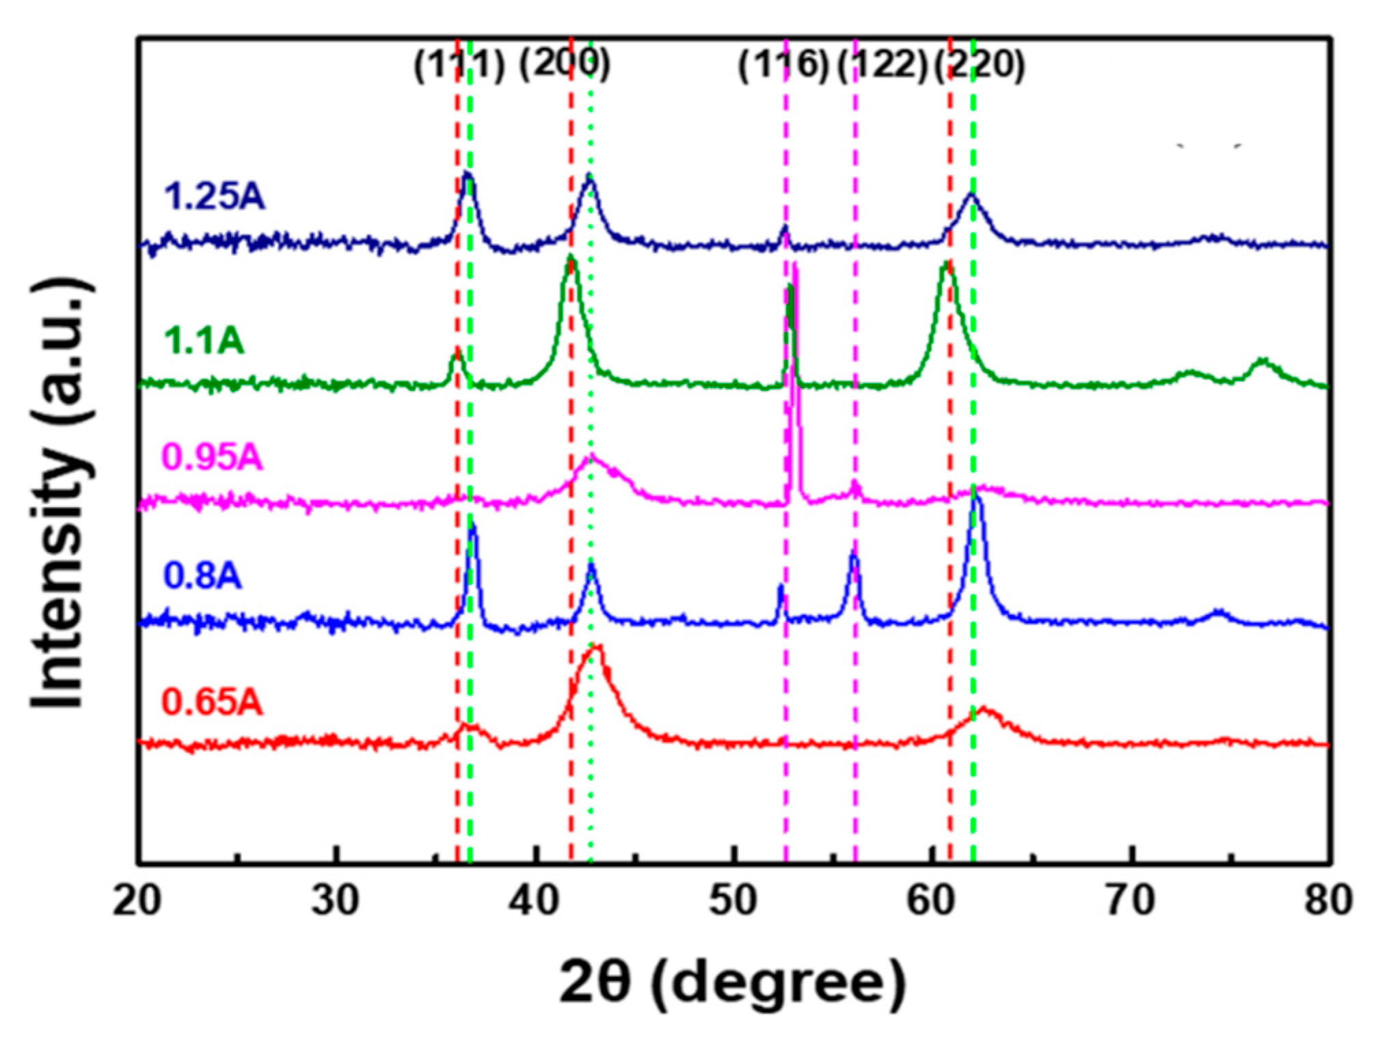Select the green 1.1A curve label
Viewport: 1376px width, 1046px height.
(204, 340)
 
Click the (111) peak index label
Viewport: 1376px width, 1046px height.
(459, 66)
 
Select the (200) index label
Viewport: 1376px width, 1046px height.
(564, 65)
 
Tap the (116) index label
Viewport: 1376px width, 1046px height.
(783, 66)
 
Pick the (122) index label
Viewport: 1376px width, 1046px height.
(882, 66)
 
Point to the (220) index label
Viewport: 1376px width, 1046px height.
(980, 66)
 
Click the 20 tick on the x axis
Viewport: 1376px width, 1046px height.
(137, 901)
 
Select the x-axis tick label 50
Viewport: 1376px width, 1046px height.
(735, 901)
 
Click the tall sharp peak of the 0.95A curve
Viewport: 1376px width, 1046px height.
(795, 273)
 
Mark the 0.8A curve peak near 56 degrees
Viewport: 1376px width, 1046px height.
(854, 553)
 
